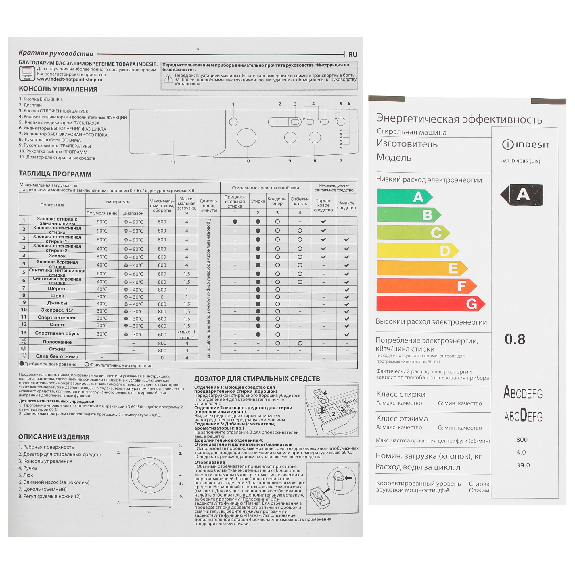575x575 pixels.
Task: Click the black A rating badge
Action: (x=522, y=195)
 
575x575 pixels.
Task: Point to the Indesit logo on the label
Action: (x=526, y=145)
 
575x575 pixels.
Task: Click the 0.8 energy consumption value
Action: (x=515, y=339)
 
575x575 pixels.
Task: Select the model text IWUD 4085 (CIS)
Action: (x=521, y=161)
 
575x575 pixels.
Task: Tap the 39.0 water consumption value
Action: (x=523, y=465)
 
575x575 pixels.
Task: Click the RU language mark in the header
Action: (x=353, y=54)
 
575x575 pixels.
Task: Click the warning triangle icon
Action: (x=168, y=78)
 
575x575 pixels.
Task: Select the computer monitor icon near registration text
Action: (x=27, y=73)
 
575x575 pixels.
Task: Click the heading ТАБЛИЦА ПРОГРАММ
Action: (x=55, y=174)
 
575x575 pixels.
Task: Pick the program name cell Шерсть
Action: (x=57, y=288)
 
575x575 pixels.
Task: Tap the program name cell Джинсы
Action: (x=57, y=303)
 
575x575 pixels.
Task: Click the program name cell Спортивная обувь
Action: (x=57, y=333)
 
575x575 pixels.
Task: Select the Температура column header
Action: (x=117, y=202)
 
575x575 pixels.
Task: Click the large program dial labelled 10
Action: (x=246, y=137)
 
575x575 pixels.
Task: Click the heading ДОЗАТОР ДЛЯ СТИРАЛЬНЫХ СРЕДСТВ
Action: (x=257, y=379)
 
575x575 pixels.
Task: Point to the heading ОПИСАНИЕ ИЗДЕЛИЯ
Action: (x=54, y=437)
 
